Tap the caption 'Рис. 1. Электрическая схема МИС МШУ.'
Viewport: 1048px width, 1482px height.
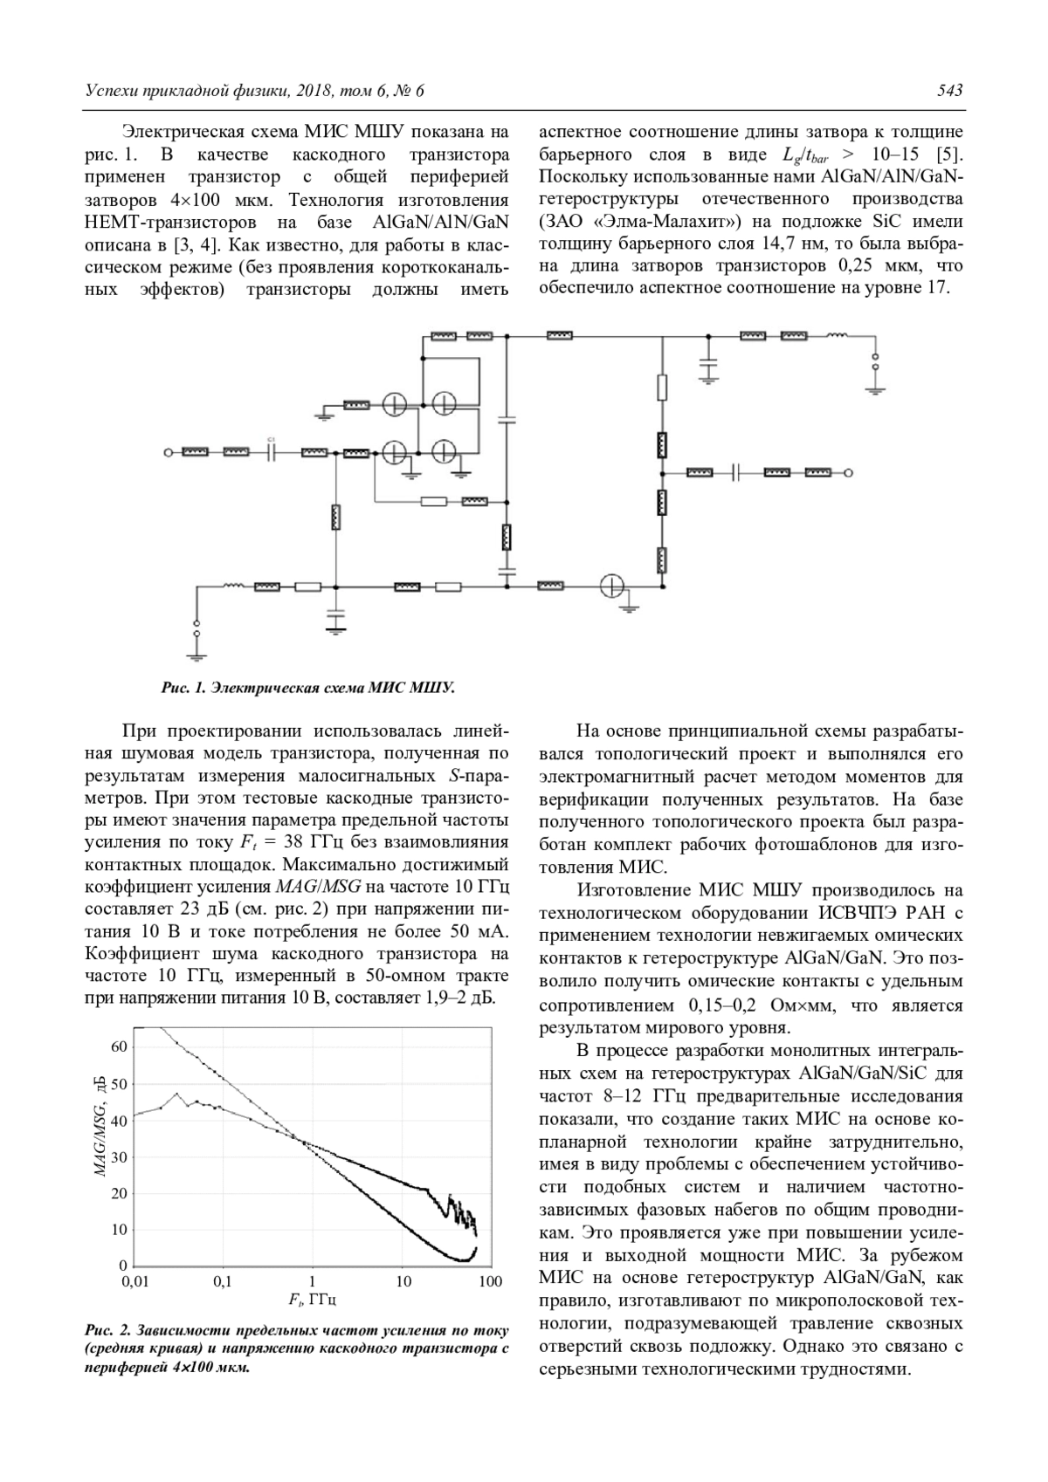click(308, 688)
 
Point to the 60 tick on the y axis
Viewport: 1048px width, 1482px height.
click(119, 1046)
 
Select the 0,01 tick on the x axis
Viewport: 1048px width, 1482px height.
click(134, 1282)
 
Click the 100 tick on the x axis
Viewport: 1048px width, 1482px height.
click(491, 1282)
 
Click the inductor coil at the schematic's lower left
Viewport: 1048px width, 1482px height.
click(233, 587)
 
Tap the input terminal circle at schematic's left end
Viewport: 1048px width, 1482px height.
click(166, 452)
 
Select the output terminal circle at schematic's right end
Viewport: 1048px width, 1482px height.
click(848, 472)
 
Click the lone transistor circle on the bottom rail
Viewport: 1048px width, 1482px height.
click(612, 587)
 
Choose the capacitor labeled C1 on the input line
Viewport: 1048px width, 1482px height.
click(272, 451)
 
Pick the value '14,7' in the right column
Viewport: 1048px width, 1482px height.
click(723, 242)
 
